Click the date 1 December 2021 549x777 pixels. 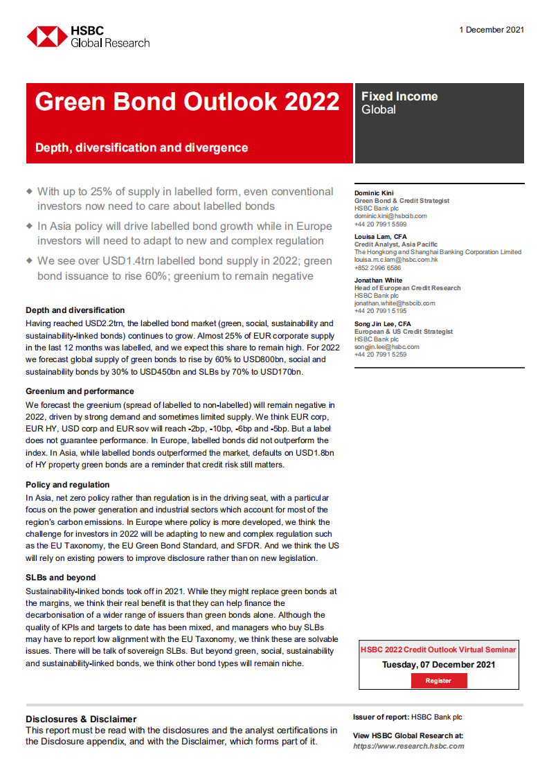(x=492, y=30)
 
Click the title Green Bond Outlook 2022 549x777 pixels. (x=187, y=102)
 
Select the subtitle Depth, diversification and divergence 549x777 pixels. (x=141, y=148)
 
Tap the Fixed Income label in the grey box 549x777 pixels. (x=399, y=96)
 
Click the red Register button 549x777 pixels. (x=438, y=681)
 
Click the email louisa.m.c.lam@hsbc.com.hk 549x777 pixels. (x=396, y=259)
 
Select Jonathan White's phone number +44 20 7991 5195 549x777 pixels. (x=380, y=311)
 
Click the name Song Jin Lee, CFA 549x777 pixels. (x=382, y=323)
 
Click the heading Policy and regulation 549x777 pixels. (x=68, y=485)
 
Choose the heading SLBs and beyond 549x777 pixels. (x=61, y=578)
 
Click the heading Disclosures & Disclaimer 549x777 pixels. (x=81, y=719)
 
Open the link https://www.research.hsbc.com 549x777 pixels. (x=408, y=746)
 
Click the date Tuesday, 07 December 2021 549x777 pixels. (x=438, y=665)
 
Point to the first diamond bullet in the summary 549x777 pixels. (x=29, y=190)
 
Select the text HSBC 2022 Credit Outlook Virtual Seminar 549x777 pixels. (x=438, y=650)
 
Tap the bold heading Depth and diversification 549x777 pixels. (x=75, y=310)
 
